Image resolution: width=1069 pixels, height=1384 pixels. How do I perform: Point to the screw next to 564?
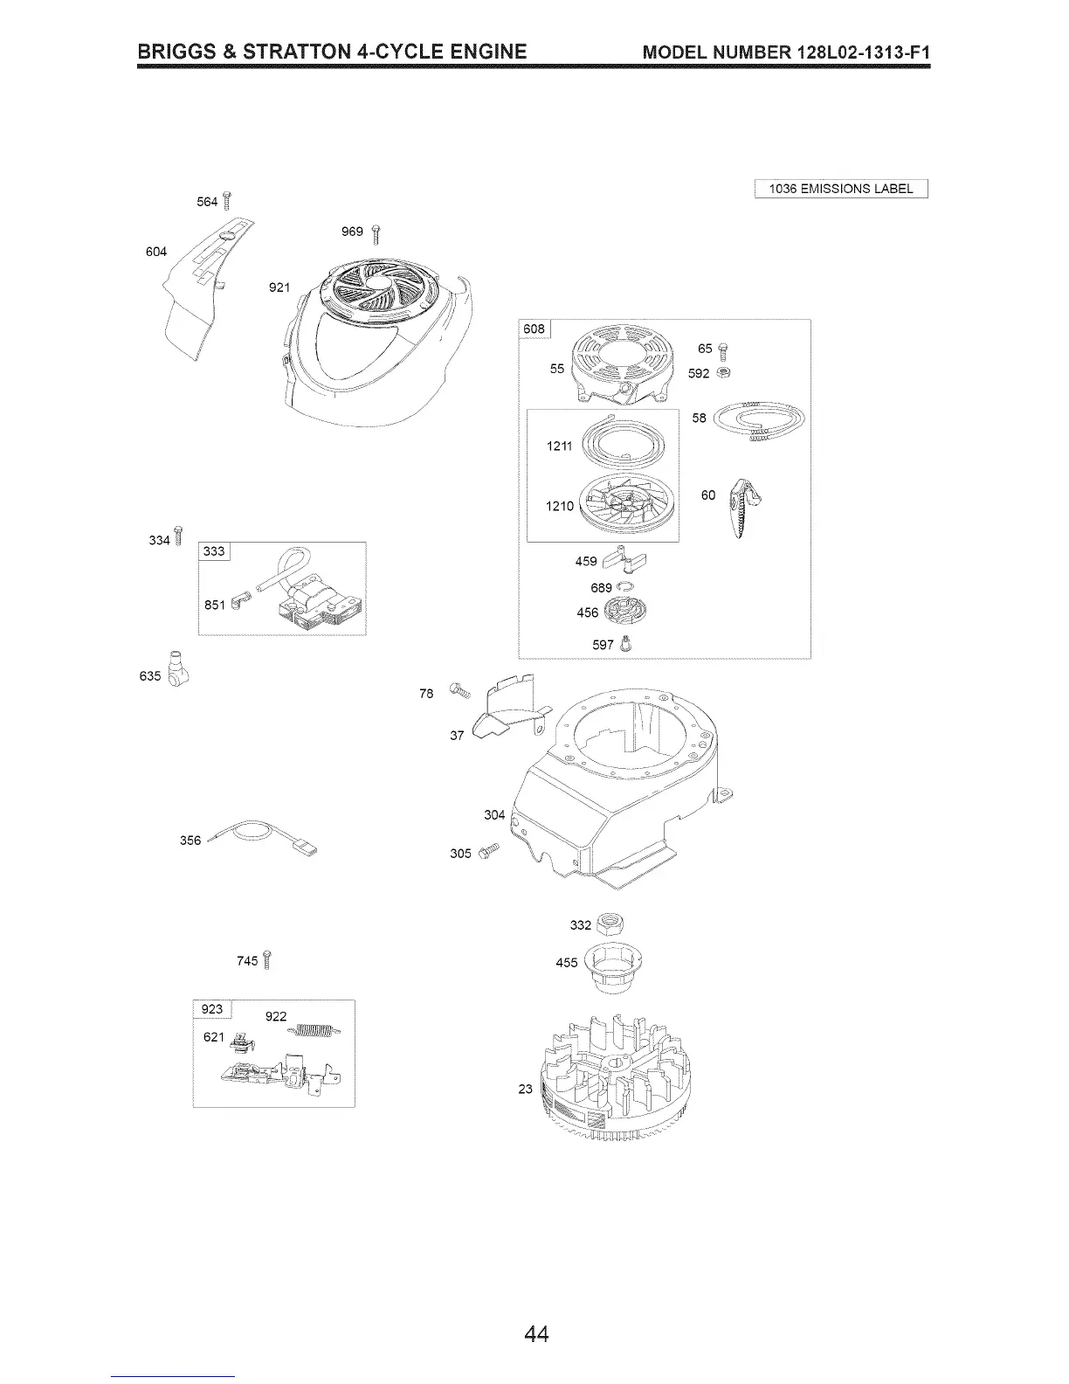point(227,201)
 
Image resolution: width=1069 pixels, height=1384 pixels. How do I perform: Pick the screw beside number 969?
point(376,232)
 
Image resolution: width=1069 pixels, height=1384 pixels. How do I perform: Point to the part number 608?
point(534,329)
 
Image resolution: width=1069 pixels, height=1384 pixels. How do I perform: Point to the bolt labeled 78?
point(459,691)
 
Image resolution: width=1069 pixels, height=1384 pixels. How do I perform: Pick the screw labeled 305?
point(488,850)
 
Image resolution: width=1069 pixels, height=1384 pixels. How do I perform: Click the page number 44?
point(536,1334)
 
